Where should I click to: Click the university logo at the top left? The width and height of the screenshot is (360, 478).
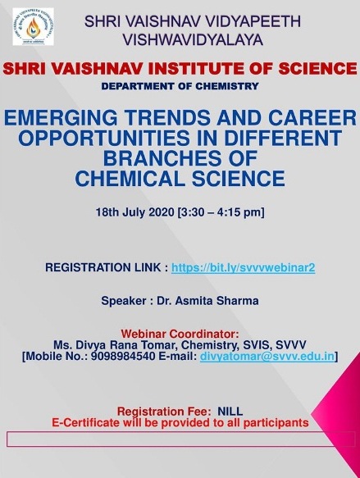pos(34,26)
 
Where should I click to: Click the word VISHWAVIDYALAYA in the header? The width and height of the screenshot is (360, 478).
pos(193,40)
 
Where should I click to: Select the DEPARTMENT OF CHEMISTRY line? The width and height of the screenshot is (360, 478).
pos(180,86)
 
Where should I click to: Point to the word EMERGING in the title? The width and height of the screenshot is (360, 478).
pos(61,118)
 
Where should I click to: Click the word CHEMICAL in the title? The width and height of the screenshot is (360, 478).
pos(130,179)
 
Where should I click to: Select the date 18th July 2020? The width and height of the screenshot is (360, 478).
pos(134,212)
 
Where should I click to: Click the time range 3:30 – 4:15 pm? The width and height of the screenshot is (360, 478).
pos(221,212)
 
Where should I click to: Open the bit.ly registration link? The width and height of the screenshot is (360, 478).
pos(243,267)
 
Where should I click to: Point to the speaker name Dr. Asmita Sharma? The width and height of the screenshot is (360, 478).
pos(207,301)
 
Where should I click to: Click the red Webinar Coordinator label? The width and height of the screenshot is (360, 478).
pos(180,334)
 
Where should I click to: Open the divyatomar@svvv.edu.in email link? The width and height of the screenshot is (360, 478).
pos(267,357)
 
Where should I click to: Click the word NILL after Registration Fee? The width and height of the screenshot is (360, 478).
pos(230,412)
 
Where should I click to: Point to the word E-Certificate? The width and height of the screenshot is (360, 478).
pos(85,422)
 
